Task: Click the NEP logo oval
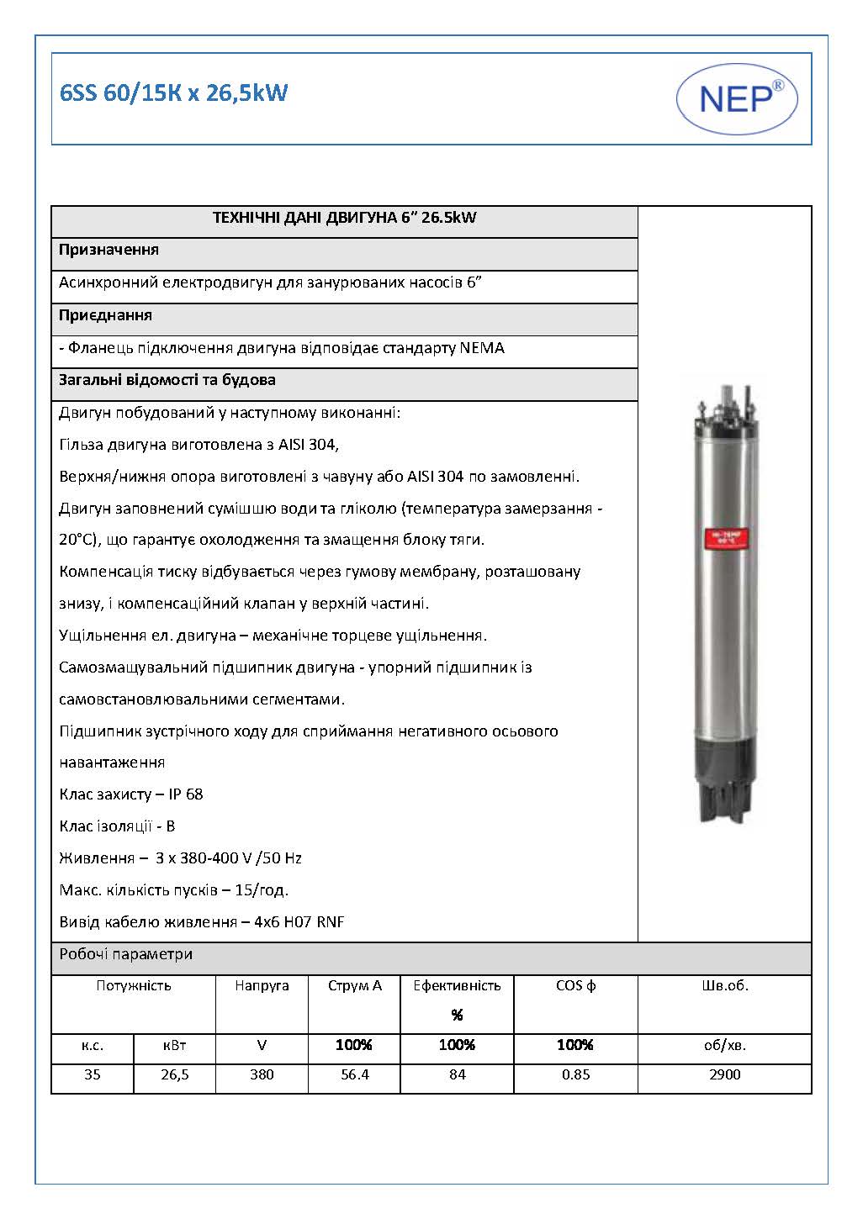click(x=737, y=99)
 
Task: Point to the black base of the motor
click(x=723, y=774)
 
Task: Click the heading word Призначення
click(x=109, y=250)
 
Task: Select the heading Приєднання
click(x=105, y=315)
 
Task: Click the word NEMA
click(x=482, y=348)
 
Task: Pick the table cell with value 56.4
click(x=354, y=1075)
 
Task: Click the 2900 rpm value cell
click(x=724, y=1075)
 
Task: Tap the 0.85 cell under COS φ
click(x=575, y=1075)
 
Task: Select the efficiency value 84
click(x=457, y=1075)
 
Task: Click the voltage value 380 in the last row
click(x=262, y=1075)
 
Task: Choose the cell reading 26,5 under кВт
click(x=175, y=1075)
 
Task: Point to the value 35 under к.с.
click(x=93, y=1075)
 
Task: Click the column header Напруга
click(x=262, y=986)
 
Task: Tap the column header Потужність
click(x=134, y=986)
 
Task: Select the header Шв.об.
click(x=724, y=986)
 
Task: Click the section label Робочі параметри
click(x=126, y=954)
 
